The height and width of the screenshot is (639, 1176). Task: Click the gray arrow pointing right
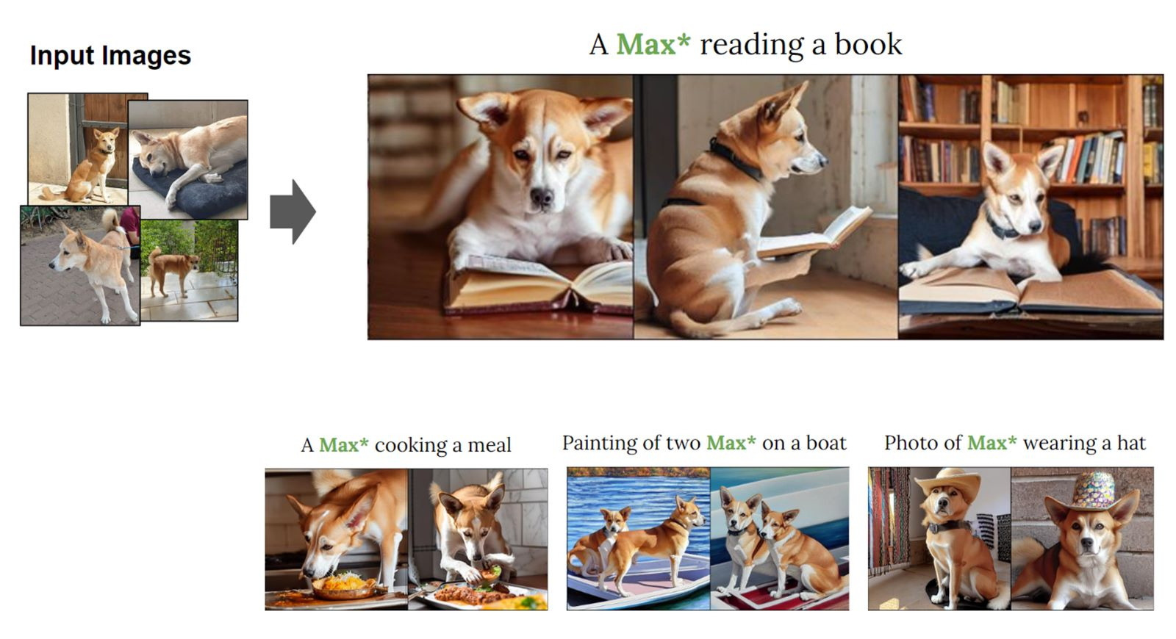coord(293,212)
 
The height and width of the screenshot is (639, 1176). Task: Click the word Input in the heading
coord(62,56)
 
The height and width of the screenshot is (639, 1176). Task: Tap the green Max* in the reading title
coord(653,44)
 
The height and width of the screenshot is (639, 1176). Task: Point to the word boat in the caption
coord(826,443)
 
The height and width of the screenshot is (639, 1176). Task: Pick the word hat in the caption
coord(1131,443)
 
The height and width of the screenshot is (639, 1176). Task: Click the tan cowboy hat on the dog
coord(949,482)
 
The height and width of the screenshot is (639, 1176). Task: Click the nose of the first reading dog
coord(541,197)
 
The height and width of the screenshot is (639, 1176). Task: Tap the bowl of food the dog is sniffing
coord(345,587)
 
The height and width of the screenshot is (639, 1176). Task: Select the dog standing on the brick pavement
coord(95,265)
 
